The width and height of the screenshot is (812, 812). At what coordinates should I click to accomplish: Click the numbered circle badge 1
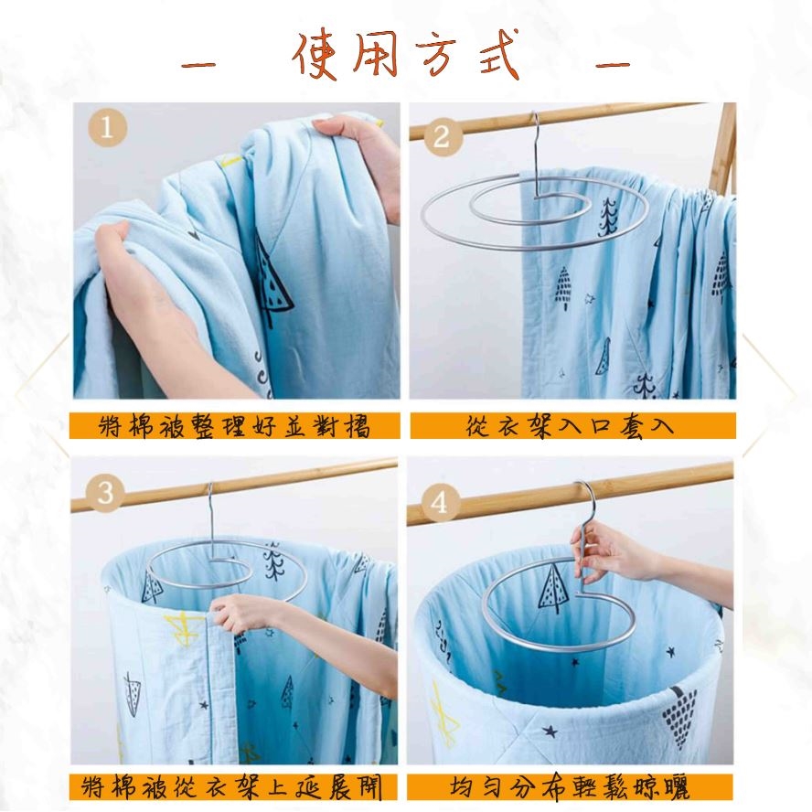click(107, 127)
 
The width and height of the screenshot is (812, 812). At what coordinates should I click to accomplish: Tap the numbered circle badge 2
click(442, 136)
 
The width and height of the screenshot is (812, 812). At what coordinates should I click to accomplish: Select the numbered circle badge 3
click(106, 493)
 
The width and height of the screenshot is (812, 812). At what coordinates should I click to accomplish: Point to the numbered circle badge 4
click(439, 502)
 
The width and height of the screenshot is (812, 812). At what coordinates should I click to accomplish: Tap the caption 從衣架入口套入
click(570, 426)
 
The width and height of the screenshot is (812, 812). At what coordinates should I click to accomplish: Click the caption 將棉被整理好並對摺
click(235, 426)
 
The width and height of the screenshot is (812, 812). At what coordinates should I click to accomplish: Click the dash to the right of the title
click(613, 65)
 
